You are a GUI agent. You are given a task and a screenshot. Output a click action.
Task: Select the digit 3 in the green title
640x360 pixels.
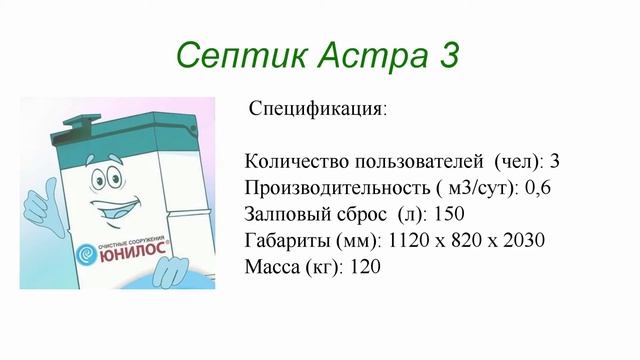coord(447,54)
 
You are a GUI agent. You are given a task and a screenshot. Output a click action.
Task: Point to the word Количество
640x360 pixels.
coord(291,162)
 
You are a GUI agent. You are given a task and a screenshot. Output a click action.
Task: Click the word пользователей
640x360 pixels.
coord(410,162)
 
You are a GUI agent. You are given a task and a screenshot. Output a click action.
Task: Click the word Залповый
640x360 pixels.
coord(285,214)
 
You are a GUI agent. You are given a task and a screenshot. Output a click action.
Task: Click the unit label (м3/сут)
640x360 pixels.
coord(459,188)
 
